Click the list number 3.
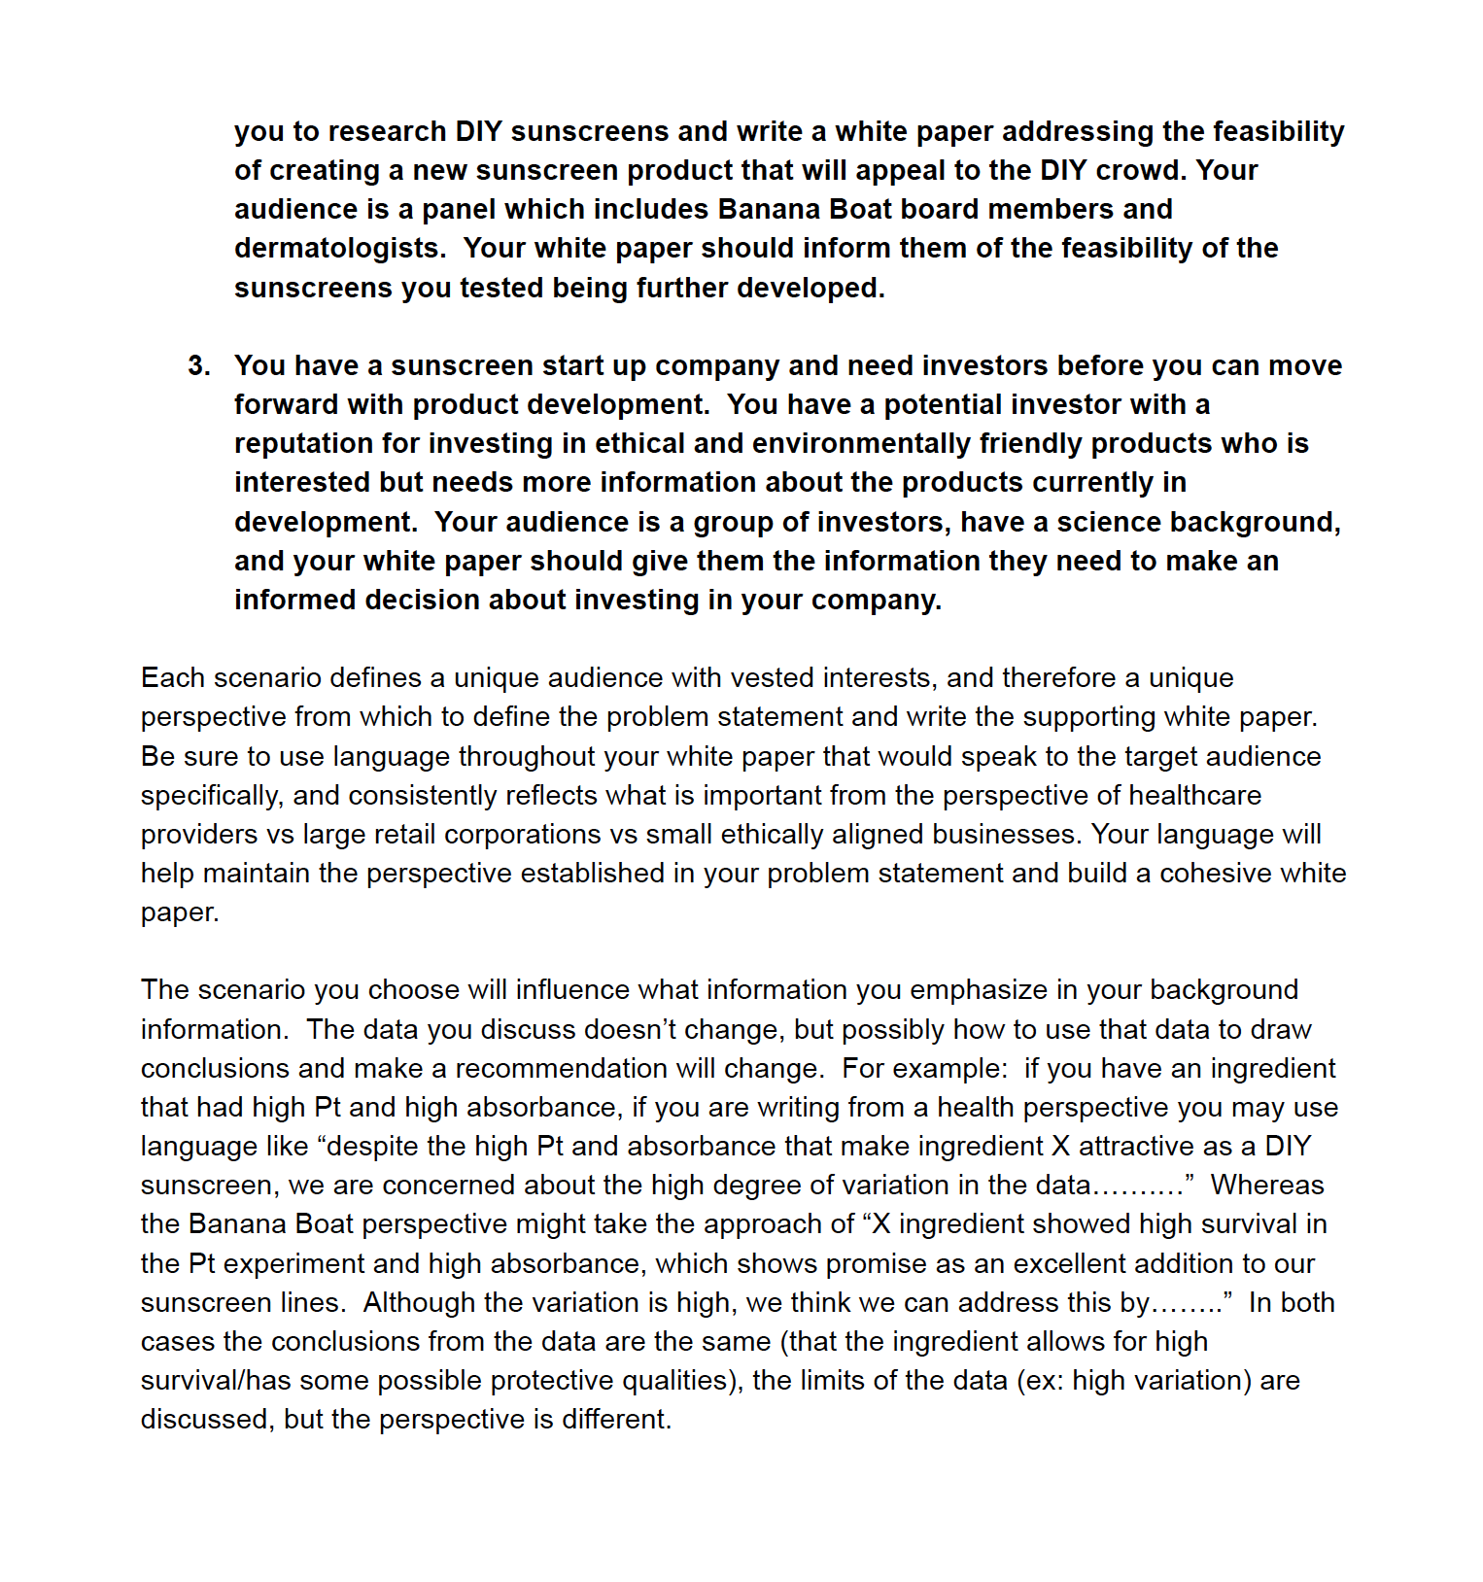198,366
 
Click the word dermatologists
339,249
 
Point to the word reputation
303,444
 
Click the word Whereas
1267,1186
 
